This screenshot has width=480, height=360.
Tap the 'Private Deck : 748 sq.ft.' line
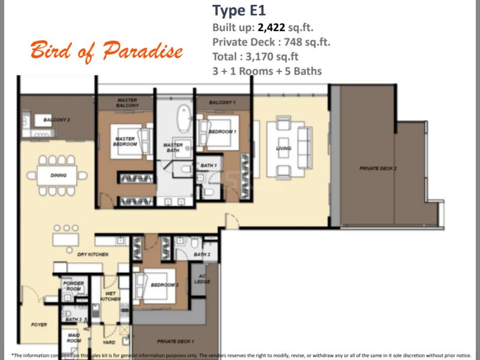pyautogui.click(x=271, y=42)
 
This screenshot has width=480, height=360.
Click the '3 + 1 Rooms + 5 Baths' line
pyautogui.click(x=267, y=71)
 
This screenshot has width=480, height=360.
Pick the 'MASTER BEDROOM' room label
pyautogui.click(x=125, y=141)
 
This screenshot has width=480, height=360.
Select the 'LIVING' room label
pyautogui.click(x=284, y=148)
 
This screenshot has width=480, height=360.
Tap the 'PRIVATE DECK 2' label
pyautogui.click(x=378, y=169)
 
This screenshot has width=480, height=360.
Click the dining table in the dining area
pyautogui.click(x=59, y=175)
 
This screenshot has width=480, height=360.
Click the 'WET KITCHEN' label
pyautogui.click(x=110, y=296)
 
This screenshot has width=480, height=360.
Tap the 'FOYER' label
pyautogui.click(x=39, y=325)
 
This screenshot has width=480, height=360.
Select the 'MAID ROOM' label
pyautogui.click(x=73, y=338)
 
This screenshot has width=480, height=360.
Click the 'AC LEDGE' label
pyautogui.click(x=202, y=278)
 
